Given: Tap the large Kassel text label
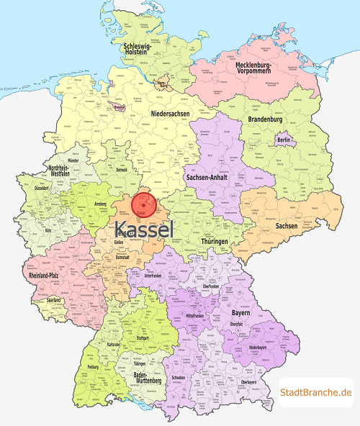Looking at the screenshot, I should click(x=144, y=230).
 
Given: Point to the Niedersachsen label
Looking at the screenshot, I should click(x=172, y=114).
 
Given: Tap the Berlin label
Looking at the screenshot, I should click(x=284, y=139).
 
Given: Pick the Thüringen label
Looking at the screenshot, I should click(x=215, y=241).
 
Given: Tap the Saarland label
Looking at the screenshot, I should click(x=54, y=299).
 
